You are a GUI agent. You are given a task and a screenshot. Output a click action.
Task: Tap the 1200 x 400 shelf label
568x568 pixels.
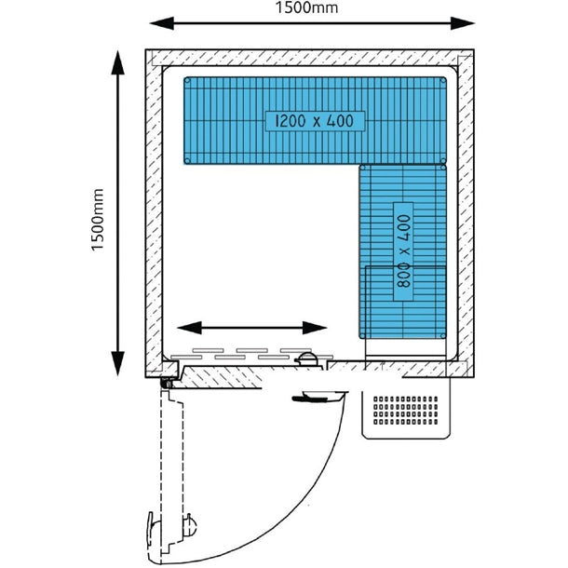[314, 121]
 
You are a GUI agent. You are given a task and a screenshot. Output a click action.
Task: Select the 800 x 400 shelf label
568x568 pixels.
[403, 251]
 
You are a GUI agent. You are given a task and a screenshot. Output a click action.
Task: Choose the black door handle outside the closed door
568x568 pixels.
[314, 399]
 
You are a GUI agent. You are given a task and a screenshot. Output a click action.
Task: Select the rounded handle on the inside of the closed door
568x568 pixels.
[305, 360]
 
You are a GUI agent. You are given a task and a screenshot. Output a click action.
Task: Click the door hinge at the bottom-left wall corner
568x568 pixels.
[168, 381]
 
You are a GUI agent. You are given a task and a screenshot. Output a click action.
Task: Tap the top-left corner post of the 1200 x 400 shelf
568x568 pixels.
[188, 82]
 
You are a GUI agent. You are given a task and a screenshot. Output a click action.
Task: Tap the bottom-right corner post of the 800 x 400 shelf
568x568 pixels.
[441, 332]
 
